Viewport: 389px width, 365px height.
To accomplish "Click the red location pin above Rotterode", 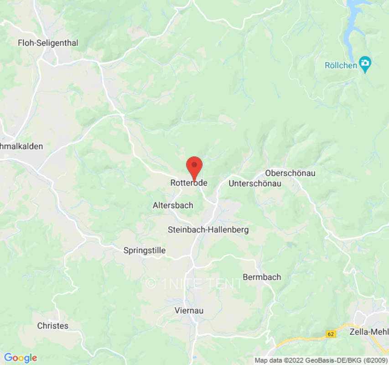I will pos(195,166).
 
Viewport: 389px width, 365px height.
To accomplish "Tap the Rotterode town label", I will pos(189,183).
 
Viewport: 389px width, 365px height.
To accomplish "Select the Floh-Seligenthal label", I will pos(48,43).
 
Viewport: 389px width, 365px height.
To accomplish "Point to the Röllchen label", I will pos(341,65).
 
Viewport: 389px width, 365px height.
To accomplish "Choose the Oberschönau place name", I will pos(290,173).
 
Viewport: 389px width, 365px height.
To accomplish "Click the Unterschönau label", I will pos(254,183).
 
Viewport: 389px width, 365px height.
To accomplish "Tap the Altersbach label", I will pos(173,206).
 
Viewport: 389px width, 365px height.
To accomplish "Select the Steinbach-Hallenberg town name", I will pos(208,229).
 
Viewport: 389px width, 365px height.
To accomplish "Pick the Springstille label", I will pos(145,250).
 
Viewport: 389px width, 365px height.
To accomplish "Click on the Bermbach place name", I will pos(262,277).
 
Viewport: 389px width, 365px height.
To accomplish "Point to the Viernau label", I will pos(189,310).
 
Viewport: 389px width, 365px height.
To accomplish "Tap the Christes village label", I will pos(53,326).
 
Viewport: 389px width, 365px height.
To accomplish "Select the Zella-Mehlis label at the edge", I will pos(368,330).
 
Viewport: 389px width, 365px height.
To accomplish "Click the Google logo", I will pos(20,358).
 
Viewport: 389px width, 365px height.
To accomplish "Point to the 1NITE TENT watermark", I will pos(194,283).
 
